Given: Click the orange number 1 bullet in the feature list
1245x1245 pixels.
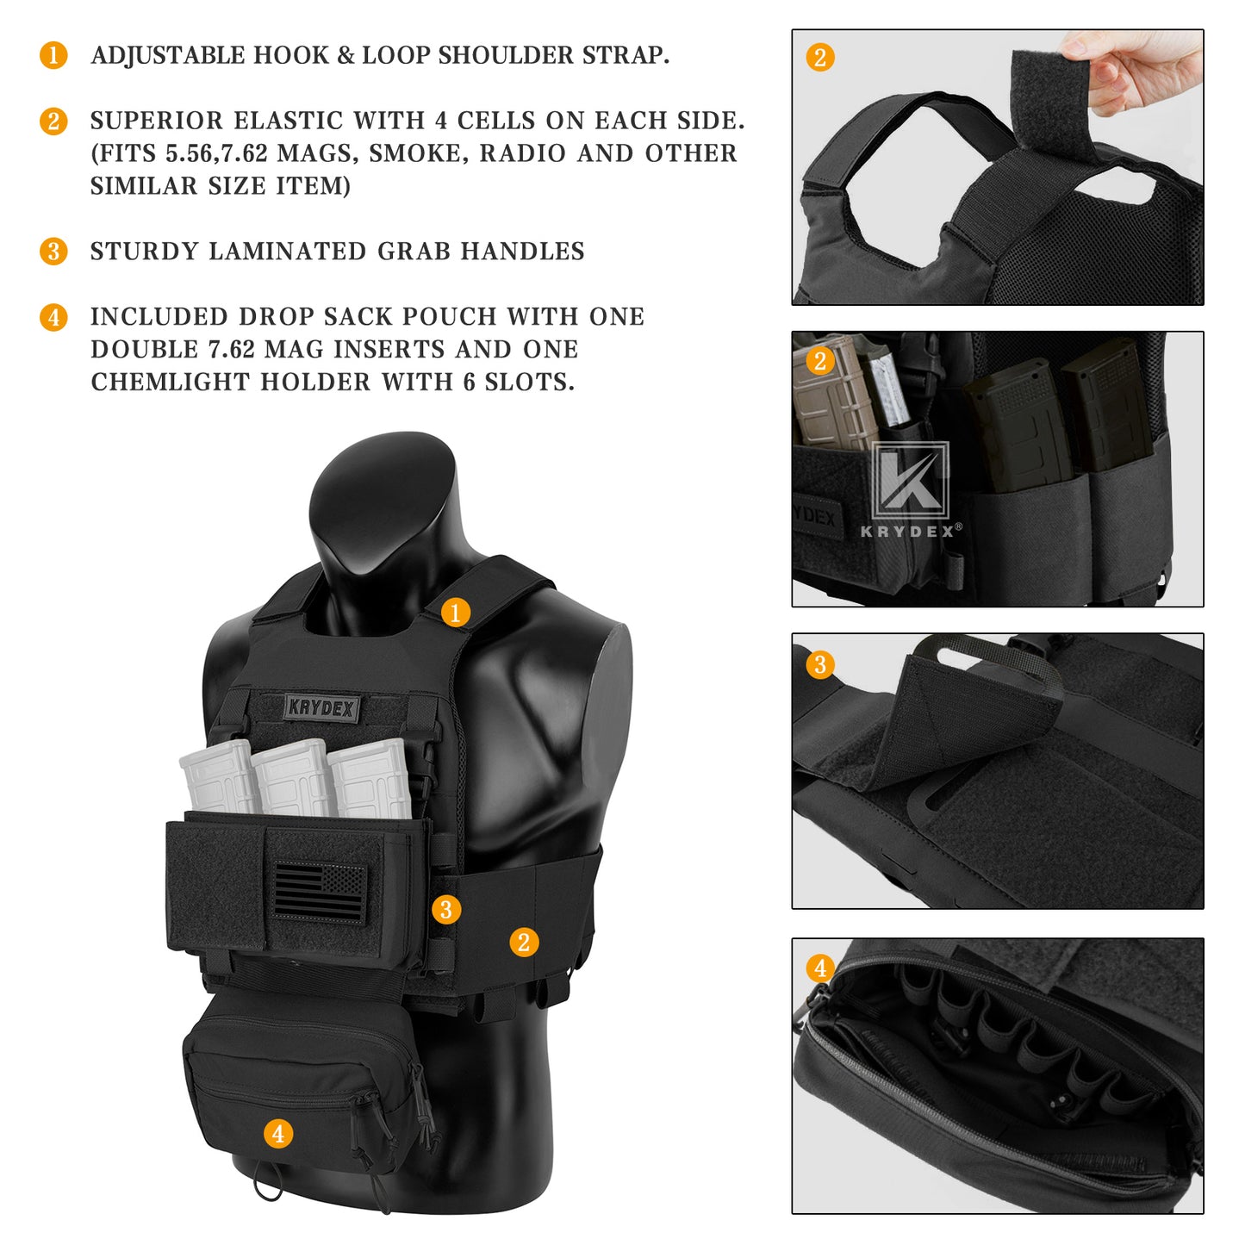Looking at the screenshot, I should [x=53, y=55].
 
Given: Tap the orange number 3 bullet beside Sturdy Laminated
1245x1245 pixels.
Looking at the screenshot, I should [x=53, y=252].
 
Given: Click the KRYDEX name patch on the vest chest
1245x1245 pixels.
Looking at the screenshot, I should [x=321, y=708].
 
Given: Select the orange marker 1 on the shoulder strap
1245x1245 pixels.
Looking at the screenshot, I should [x=456, y=613].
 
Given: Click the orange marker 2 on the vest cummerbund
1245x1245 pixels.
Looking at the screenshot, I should [x=524, y=943].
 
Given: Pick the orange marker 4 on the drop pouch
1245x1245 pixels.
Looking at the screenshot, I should [x=277, y=1134].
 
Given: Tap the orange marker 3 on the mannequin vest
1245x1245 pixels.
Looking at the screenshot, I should [x=445, y=910].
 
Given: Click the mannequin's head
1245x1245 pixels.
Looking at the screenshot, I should [x=383, y=508].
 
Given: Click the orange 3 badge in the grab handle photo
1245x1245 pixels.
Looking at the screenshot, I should [x=820, y=665].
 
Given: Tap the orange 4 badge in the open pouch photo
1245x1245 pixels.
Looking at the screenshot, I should [x=820, y=968].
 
